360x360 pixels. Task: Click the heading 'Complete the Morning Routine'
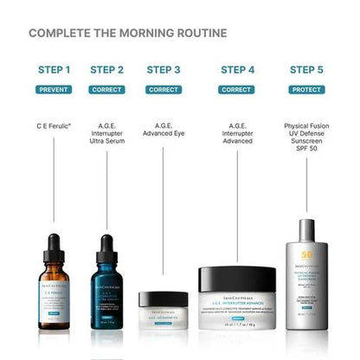[x=128, y=34]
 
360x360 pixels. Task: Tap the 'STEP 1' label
[x=55, y=69]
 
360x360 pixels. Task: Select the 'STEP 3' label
[x=164, y=69]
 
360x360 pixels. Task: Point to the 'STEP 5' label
[x=307, y=69]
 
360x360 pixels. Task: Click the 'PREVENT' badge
[x=55, y=89]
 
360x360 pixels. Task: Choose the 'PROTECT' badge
[x=307, y=89]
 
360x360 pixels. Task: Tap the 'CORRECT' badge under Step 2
[x=107, y=89]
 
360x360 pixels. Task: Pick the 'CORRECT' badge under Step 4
[x=236, y=89]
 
